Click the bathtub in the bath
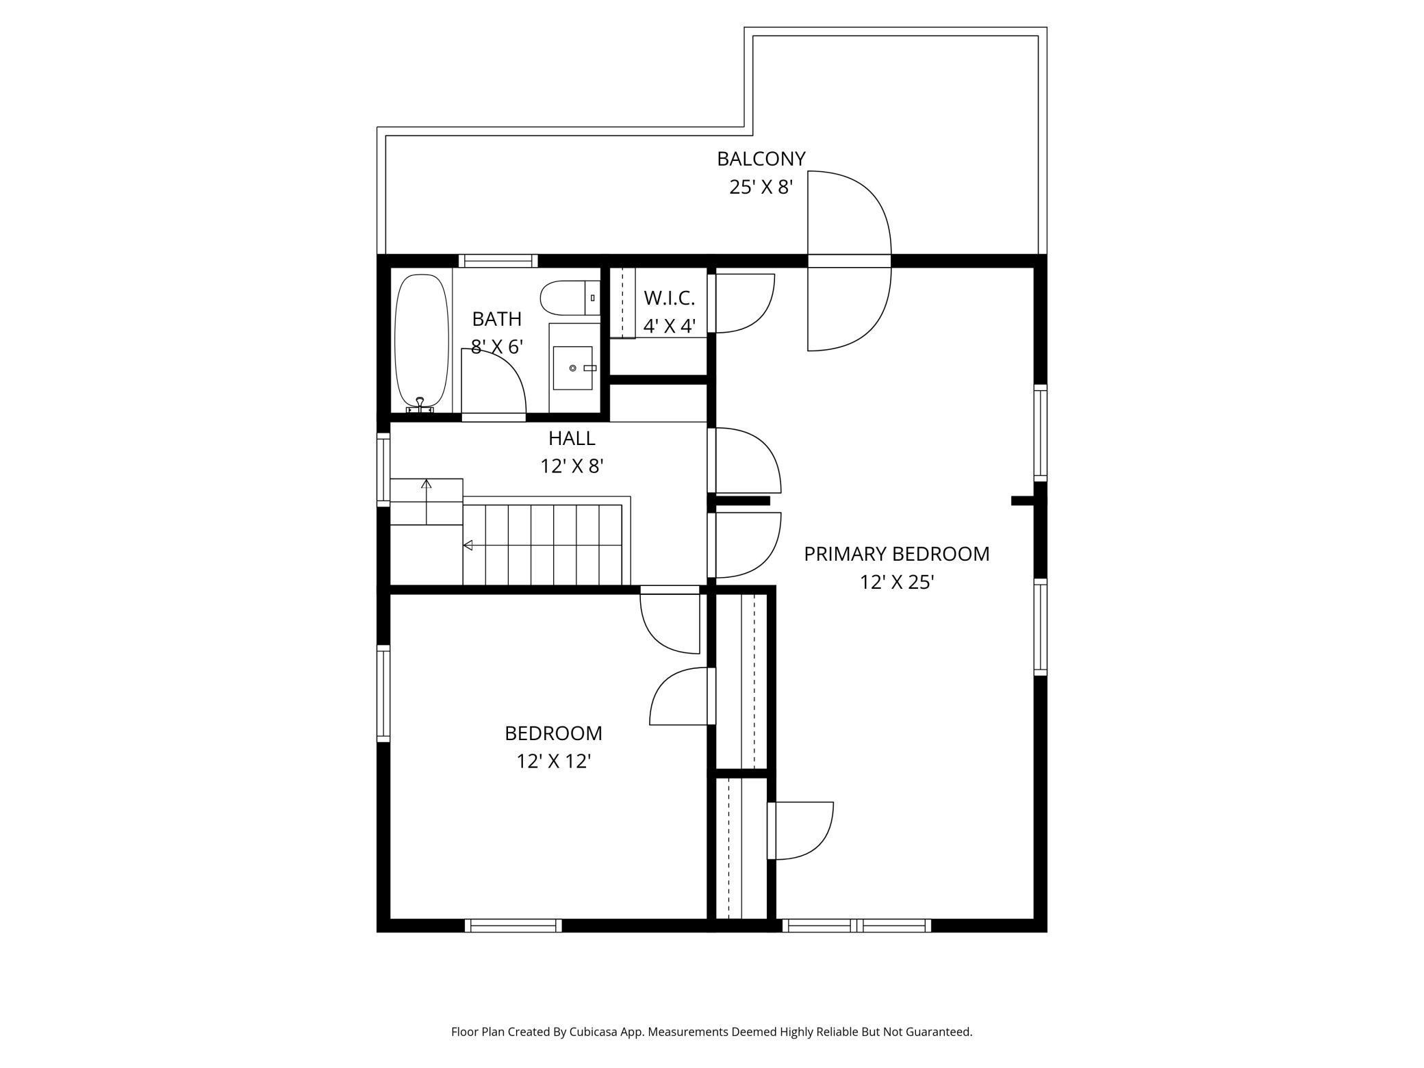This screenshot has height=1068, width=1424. point(422,342)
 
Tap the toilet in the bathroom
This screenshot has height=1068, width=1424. point(570,298)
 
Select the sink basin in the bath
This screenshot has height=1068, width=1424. point(572,368)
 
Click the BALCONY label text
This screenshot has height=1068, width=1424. point(761,159)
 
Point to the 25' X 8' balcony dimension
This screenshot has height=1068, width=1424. point(761,187)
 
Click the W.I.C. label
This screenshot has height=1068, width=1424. point(669,298)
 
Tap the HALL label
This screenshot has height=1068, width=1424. point(572,437)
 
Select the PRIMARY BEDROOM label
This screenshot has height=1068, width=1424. point(896,554)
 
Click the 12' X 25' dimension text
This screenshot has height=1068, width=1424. point(897,582)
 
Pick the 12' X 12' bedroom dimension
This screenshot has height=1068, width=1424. point(553,761)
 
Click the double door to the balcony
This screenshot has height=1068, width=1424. point(850,261)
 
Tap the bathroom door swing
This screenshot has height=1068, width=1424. point(494,383)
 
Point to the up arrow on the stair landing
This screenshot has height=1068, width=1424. point(427,502)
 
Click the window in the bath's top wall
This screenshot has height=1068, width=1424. point(498,261)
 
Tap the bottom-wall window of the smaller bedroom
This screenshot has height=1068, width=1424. point(513,926)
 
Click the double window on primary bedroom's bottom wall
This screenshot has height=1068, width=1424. point(856,926)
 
